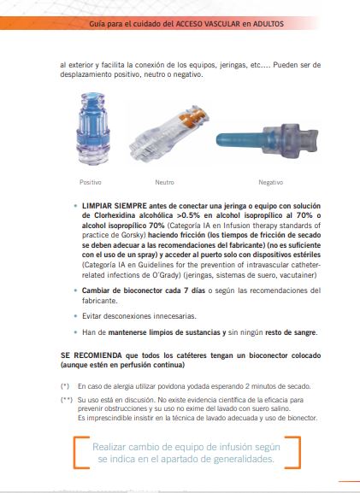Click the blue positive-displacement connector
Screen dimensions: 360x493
coord(93,129)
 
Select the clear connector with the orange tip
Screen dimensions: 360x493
coord(169,134)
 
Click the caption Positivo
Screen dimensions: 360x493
coord(91,182)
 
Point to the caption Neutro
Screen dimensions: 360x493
coord(164,182)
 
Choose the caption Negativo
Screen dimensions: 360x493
coord(270,182)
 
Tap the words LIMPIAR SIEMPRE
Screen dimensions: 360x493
coord(115,206)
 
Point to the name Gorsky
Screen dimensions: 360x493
coord(134,235)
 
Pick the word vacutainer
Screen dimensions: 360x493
coord(299,275)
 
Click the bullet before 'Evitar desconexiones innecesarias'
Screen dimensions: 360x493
coord(75,315)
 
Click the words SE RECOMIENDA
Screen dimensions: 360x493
coord(91,355)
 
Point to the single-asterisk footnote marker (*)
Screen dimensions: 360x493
coord(65,386)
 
